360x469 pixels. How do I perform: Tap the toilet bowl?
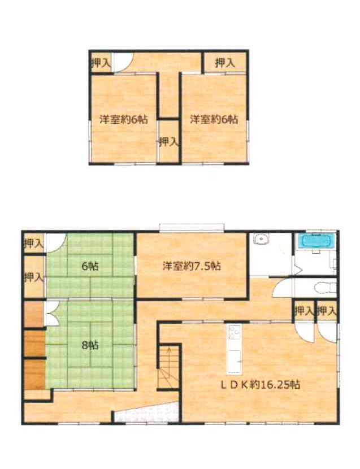[323, 288]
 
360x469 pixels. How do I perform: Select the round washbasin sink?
[262, 239]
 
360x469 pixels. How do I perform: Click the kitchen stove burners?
[235, 332]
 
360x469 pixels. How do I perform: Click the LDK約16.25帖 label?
[261, 385]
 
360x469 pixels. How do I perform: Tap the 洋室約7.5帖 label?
[192, 266]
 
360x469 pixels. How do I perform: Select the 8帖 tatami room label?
[90, 345]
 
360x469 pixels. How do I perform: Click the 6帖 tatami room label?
[90, 266]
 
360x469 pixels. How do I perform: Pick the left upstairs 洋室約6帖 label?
[124, 120]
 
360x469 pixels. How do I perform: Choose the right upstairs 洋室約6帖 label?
[214, 120]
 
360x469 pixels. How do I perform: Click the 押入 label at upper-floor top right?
[225, 63]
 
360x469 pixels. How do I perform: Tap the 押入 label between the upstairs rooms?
[169, 141]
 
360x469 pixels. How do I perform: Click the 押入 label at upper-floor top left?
[101, 63]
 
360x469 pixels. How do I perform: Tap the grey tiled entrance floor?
[146, 412]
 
